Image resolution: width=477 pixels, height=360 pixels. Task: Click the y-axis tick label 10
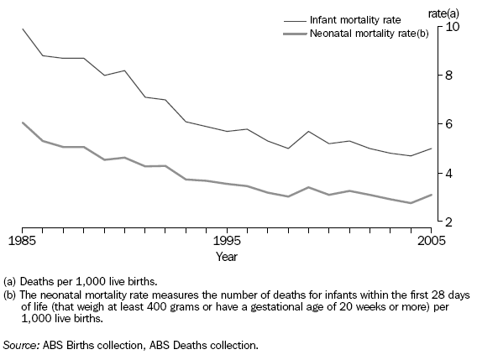[453, 26]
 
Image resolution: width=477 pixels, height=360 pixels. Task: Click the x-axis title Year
[226, 255]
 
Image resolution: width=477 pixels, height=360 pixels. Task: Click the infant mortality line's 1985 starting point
[23, 29]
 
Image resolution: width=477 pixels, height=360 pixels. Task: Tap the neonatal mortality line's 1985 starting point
[23, 123]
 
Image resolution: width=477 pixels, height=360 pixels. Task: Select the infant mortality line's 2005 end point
[431, 149]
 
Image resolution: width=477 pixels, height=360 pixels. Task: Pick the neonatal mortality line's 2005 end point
[431, 195]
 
